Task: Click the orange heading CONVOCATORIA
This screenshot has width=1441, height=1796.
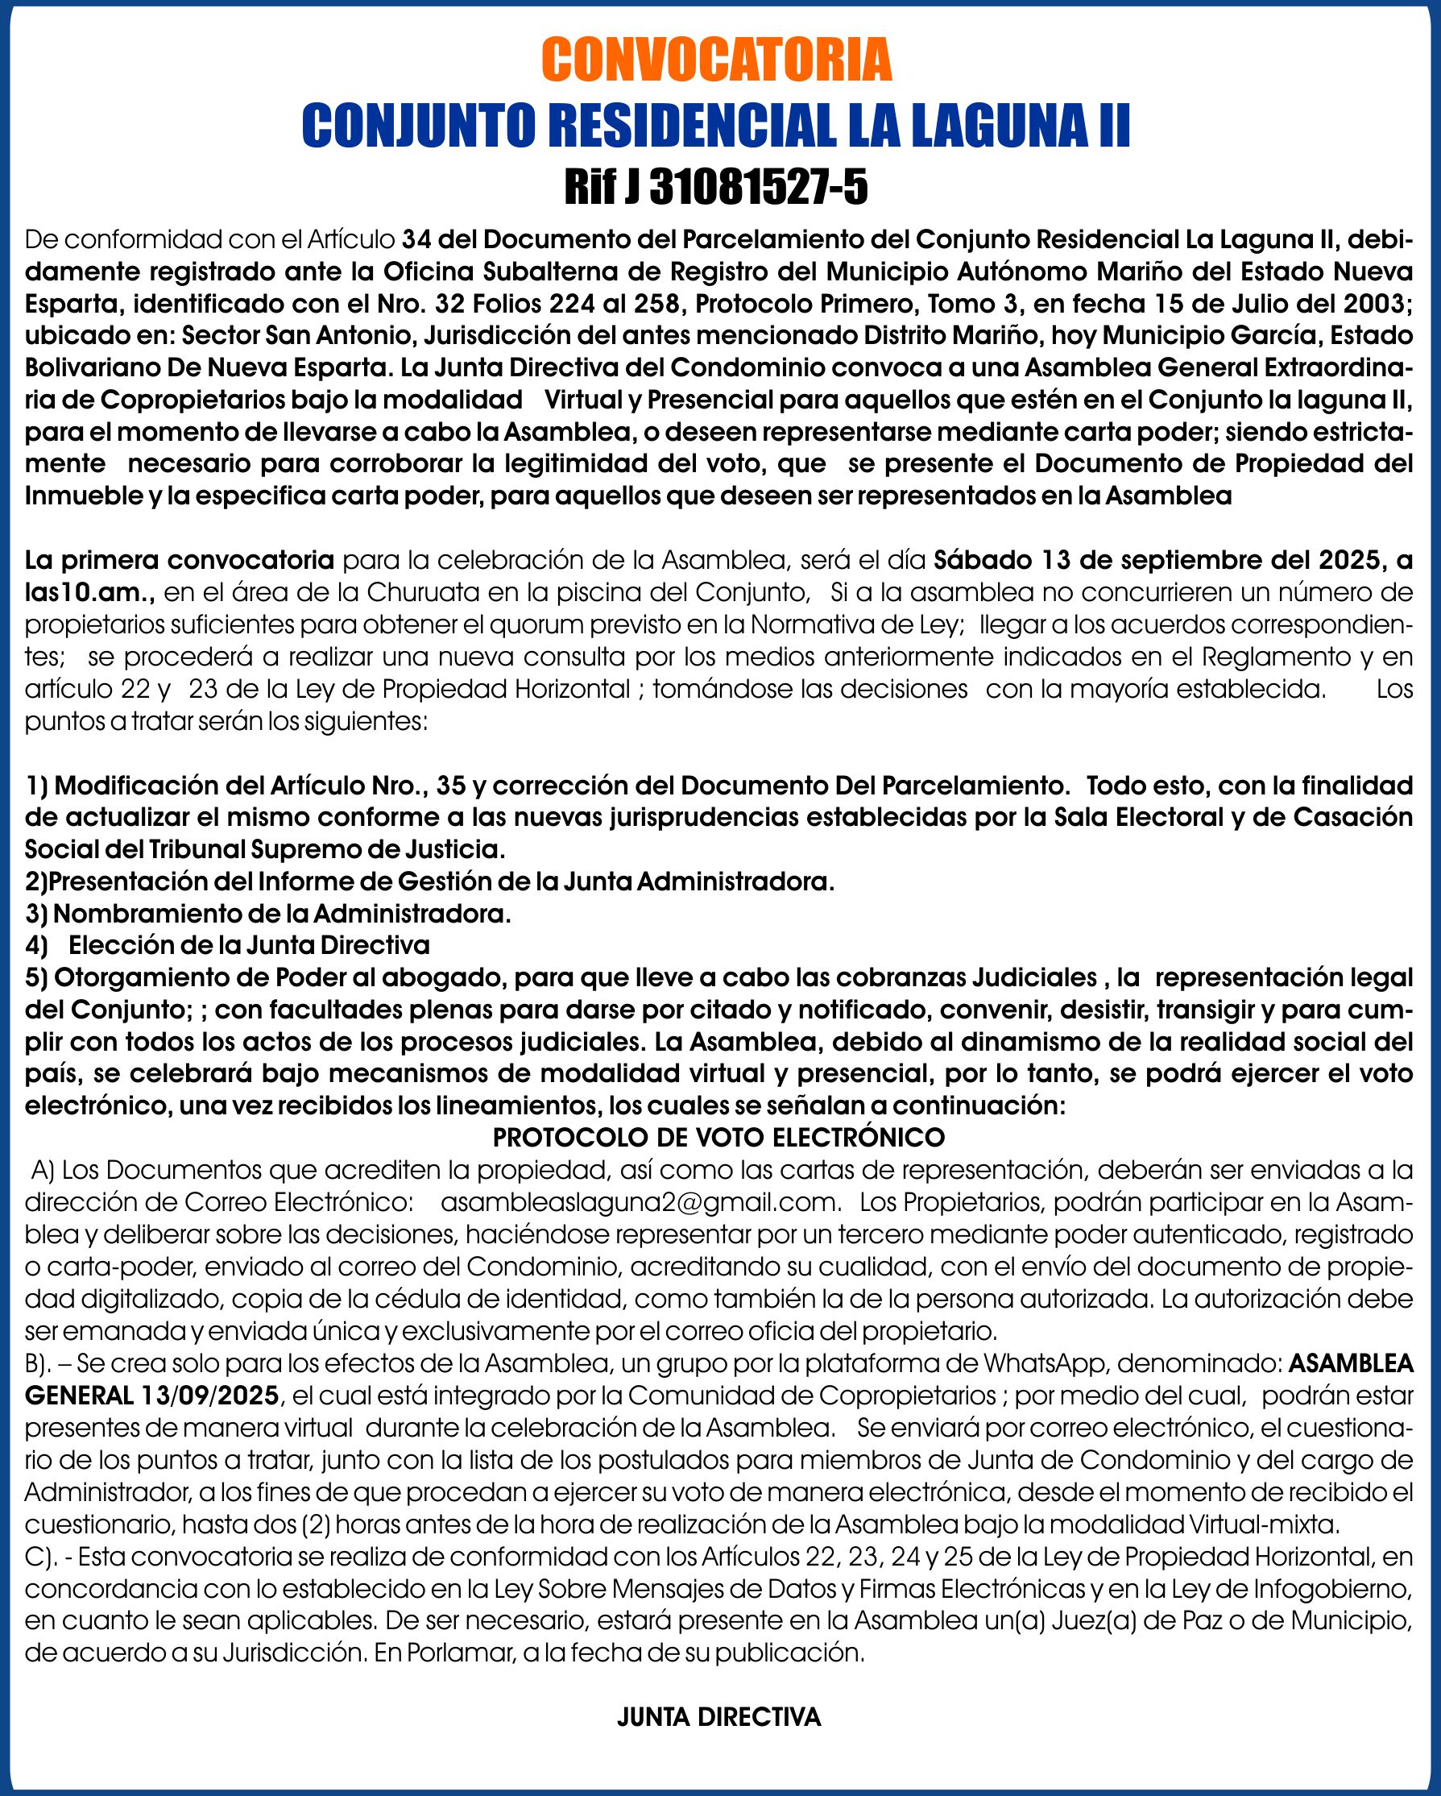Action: click(x=716, y=60)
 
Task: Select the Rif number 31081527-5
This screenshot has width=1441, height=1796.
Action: click(x=758, y=187)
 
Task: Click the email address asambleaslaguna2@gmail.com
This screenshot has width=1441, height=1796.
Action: click(x=638, y=1202)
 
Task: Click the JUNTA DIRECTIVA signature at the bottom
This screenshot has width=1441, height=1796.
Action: click(x=718, y=1717)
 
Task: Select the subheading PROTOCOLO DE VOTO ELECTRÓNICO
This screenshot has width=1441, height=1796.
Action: click(x=718, y=1137)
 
